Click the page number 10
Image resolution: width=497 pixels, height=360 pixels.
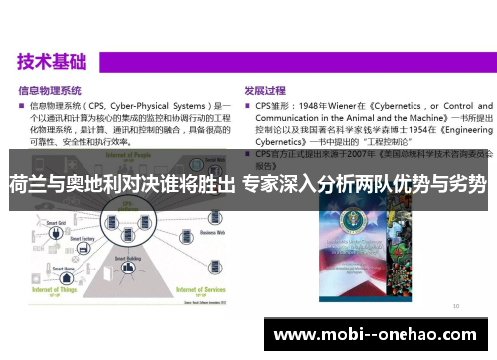455,307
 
